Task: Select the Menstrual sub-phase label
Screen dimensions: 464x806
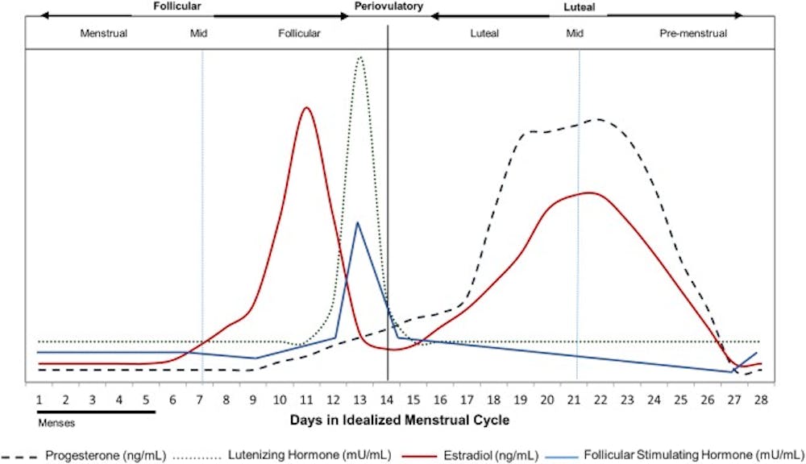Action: [103, 34]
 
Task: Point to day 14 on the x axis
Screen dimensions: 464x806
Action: [388, 399]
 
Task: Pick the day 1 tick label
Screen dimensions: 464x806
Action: [39, 399]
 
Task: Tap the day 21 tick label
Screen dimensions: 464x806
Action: [575, 399]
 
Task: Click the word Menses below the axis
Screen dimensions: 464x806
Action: [57, 422]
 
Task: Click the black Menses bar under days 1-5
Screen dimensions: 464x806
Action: [96, 411]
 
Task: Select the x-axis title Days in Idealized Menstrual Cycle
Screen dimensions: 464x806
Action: [400, 420]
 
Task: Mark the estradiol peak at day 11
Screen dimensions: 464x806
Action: [305, 107]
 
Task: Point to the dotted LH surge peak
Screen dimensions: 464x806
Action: [359, 57]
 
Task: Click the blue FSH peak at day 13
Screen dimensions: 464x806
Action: [357, 222]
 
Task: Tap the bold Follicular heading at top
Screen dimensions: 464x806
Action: [177, 6]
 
